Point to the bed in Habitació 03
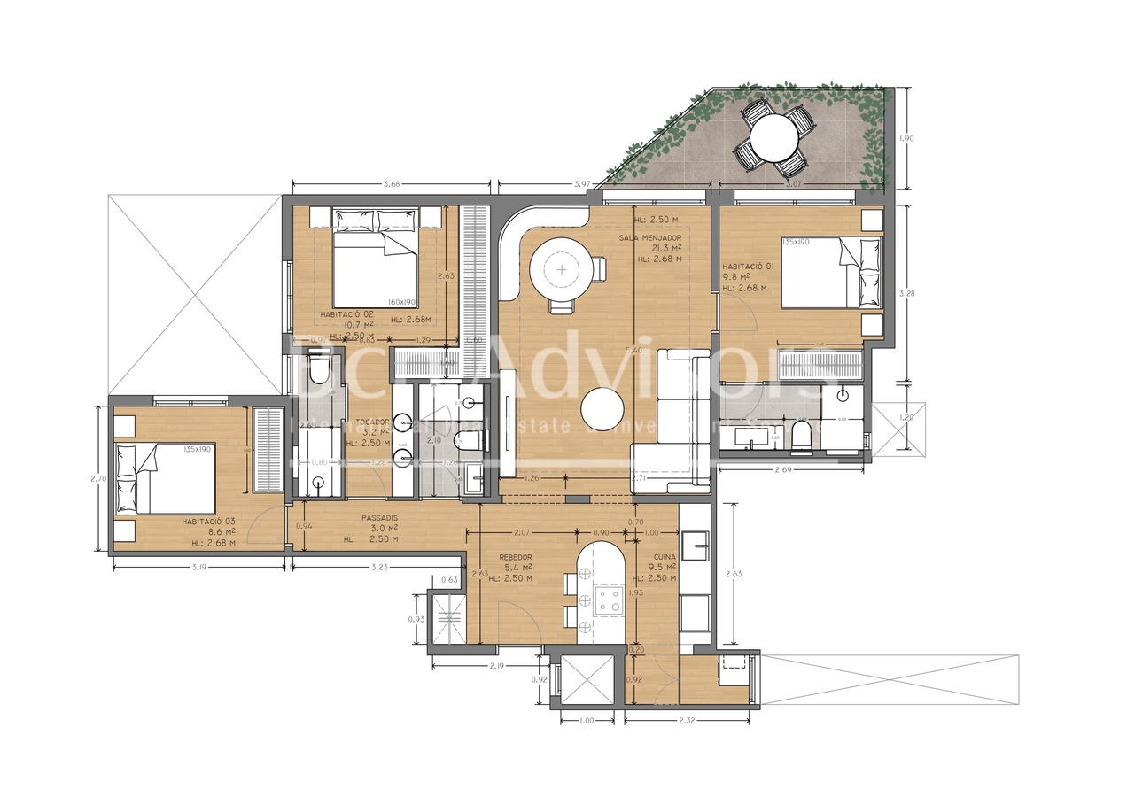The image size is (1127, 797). [x=165, y=479]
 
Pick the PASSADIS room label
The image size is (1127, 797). [x=379, y=517]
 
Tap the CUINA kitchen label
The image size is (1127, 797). [x=664, y=557]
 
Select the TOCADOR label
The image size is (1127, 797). [x=372, y=422]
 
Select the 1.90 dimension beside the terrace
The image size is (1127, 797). [x=905, y=139]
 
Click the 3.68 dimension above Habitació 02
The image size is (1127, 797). [x=390, y=184]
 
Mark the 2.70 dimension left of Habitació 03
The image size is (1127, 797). [x=97, y=479]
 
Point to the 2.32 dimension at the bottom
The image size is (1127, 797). [x=687, y=722]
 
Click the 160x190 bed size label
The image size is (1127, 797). [x=402, y=302]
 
